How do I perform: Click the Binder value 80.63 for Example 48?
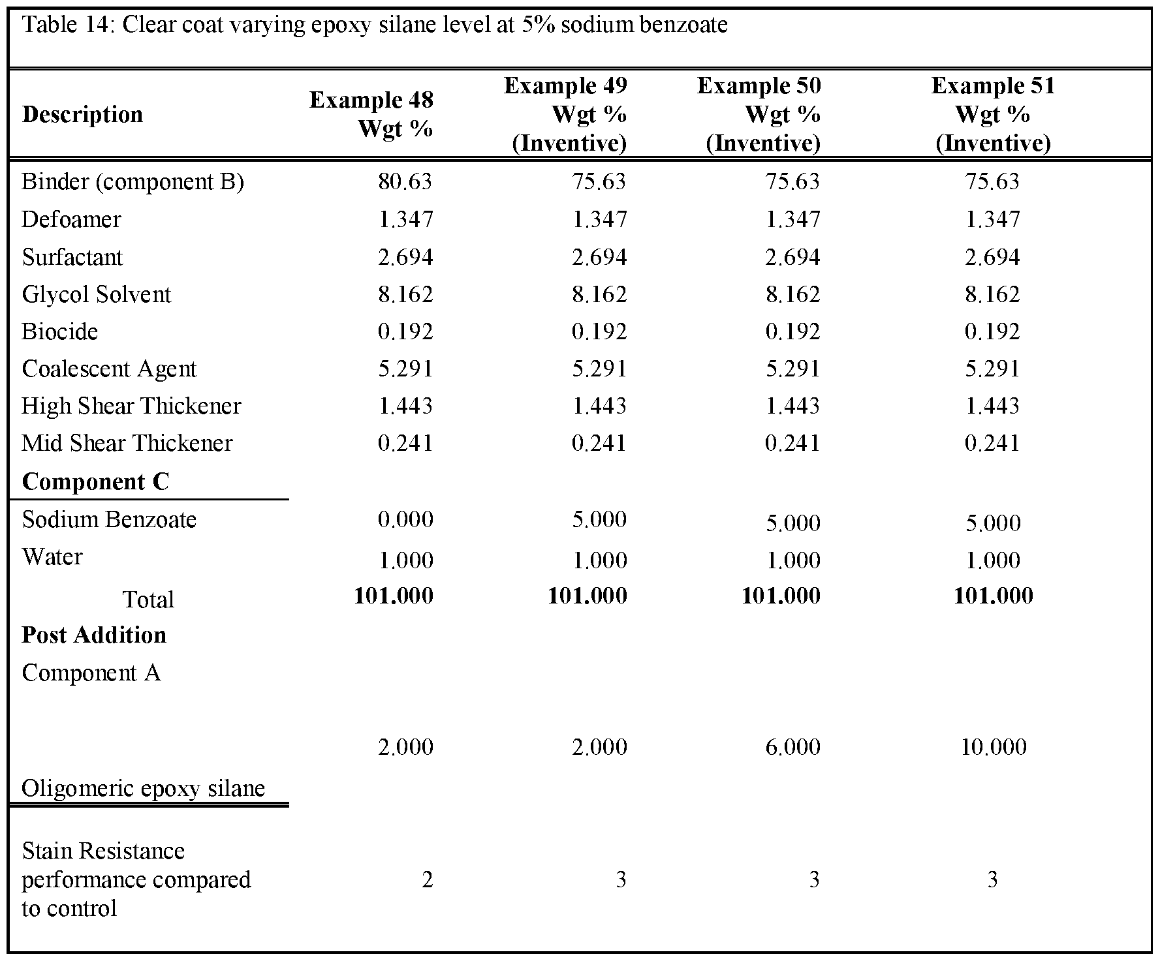(x=405, y=181)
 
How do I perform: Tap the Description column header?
(x=82, y=115)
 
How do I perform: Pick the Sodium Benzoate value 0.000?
(x=405, y=519)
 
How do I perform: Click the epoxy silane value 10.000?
(x=993, y=746)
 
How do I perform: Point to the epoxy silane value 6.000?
(x=792, y=746)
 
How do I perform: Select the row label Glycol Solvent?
(x=96, y=294)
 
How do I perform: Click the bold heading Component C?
(x=95, y=481)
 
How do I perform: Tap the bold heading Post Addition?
(x=94, y=635)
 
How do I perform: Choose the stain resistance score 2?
(x=427, y=879)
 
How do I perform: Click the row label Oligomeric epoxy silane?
(x=143, y=788)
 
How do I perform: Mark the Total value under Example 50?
(x=781, y=596)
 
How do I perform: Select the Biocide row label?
(x=59, y=331)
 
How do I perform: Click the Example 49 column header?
(x=566, y=114)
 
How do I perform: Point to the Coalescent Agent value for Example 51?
(x=992, y=369)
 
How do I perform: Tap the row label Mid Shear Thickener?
(x=127, y=443)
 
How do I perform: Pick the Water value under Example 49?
(x=599, y=560)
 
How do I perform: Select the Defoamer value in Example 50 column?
(x=792, y=219)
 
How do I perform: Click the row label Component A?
(x=91, y=673)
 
